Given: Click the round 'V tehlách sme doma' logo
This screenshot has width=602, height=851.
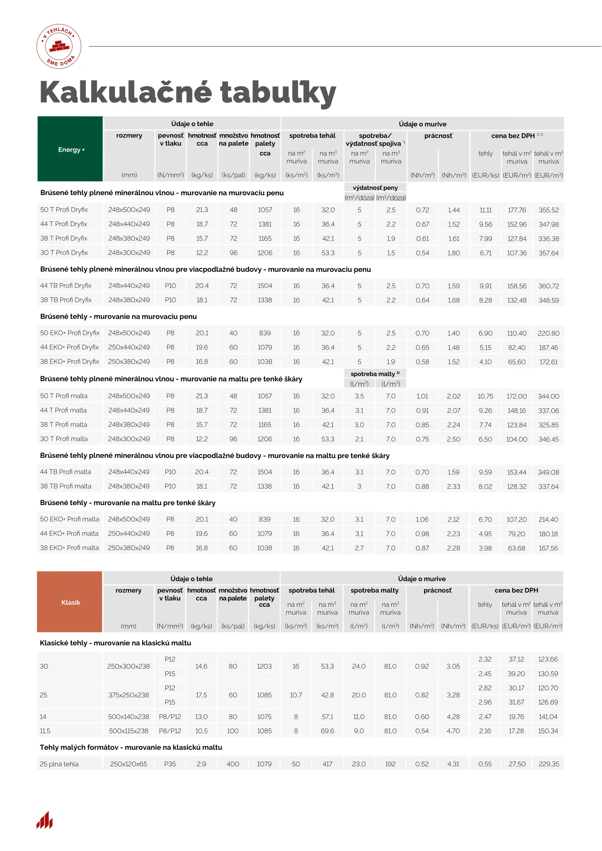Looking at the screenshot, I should point(59,46).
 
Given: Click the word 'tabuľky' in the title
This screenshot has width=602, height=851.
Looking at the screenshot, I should point(278,93).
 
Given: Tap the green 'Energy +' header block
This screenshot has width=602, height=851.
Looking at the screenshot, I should point(70,149).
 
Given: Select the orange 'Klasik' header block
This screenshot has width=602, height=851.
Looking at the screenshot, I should point(70,602).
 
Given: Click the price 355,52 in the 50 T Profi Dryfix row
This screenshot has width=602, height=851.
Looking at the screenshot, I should point(548,210).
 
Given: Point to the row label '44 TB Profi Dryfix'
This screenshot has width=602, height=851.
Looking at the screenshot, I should point(66,286).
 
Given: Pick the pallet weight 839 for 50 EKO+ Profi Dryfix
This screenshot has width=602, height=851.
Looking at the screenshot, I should point(265,333).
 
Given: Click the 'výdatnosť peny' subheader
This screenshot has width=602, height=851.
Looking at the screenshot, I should point(375,188).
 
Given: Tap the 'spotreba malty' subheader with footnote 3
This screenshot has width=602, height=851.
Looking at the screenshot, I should point(375,374).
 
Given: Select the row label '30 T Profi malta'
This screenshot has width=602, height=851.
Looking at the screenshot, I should point(64,439).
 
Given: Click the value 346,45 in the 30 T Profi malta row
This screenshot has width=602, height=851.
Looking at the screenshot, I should point(548,439).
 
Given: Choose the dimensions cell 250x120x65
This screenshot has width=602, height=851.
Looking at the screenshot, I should point(128,764).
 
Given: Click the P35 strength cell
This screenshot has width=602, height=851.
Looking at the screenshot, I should point(170,764).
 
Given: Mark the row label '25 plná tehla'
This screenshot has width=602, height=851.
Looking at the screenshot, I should point(59,764).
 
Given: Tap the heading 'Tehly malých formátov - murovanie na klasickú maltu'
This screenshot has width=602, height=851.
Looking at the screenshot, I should point(131,747).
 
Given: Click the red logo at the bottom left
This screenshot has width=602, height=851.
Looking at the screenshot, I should point(44,820).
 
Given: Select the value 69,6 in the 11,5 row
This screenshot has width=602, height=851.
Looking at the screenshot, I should point(327,731).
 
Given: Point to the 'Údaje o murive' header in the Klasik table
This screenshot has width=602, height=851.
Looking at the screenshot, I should point(422,579).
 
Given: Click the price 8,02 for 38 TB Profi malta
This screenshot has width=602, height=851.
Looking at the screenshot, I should point(485,487).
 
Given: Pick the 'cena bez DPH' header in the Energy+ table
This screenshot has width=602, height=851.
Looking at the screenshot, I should point(513,136).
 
